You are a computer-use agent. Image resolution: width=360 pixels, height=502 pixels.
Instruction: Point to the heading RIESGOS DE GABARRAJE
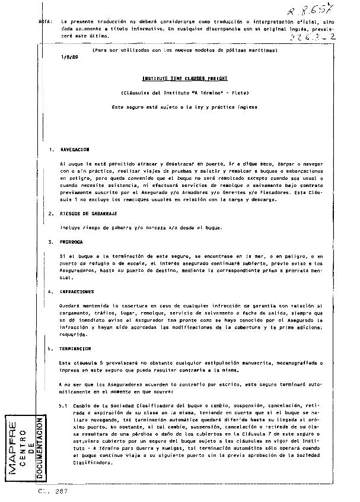[88, 214]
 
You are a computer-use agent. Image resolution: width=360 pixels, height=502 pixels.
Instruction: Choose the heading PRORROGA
[71, 242]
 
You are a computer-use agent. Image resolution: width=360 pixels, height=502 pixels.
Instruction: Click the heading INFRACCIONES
[77, 292]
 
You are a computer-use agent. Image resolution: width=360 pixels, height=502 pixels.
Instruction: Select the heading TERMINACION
[75, 349]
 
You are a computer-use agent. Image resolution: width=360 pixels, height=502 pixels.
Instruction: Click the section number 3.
[51, 242]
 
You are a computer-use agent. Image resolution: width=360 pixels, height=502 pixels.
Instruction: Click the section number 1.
[51, 150]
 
